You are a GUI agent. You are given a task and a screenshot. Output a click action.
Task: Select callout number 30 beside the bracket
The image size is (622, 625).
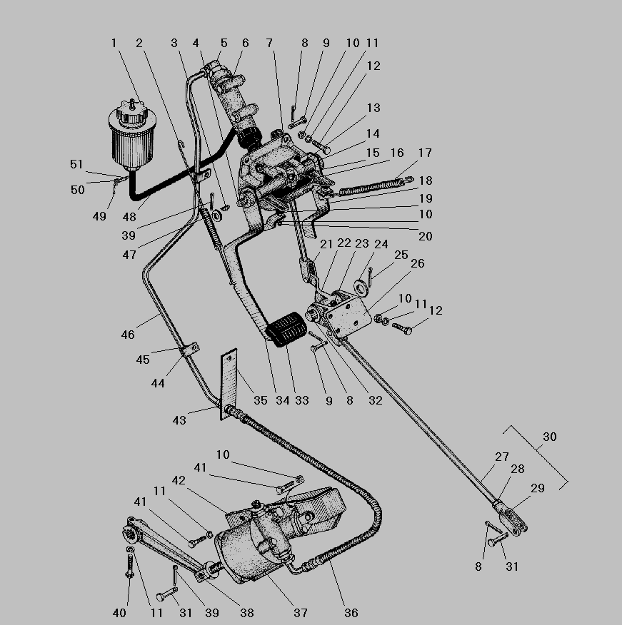549,437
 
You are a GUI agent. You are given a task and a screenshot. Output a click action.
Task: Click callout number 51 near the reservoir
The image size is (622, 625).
76,165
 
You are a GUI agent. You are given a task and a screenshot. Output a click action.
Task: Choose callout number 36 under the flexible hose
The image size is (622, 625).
351,613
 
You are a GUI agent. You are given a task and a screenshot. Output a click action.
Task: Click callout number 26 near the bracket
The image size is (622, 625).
418,264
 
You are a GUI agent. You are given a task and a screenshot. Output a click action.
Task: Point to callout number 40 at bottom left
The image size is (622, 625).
119,613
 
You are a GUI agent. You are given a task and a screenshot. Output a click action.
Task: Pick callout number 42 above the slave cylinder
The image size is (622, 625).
178,480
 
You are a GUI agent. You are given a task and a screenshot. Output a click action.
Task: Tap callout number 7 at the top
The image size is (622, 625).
269,44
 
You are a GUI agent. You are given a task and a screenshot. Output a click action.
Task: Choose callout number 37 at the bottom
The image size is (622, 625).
301,613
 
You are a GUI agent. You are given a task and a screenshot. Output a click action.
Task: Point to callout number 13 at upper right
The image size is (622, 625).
373,108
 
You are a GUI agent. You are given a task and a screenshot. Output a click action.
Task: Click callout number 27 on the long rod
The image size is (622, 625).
502,457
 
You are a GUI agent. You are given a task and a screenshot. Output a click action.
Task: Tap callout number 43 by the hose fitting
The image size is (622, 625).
179,420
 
